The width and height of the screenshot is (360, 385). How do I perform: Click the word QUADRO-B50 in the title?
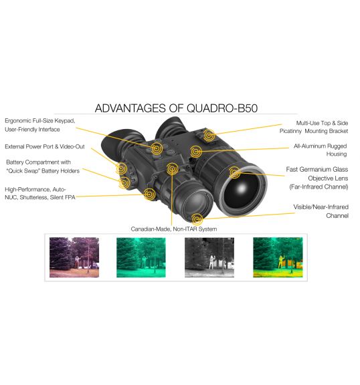222,108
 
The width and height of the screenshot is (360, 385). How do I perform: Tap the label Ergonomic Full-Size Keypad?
40,121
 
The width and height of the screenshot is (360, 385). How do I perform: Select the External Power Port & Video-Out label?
45,146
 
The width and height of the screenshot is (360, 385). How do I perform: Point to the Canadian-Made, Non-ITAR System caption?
174,229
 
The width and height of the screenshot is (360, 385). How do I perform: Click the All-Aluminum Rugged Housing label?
321,150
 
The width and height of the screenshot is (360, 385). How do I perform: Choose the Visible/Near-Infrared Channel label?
321,211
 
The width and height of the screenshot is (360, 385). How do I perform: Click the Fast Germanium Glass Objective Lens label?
317,178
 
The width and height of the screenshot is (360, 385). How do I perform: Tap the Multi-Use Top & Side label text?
322,123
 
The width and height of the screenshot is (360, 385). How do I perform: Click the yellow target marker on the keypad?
157,148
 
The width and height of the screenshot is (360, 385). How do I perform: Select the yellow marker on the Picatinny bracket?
209,135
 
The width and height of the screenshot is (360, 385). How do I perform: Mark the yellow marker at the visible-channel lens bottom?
197,219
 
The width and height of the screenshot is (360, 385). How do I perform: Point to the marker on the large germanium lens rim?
235,172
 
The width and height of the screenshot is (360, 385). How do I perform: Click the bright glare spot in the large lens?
242,188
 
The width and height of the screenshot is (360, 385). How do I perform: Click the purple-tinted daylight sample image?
74,257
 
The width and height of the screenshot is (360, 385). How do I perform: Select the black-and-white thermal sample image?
209,257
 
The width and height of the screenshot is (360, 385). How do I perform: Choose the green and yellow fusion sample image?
278,257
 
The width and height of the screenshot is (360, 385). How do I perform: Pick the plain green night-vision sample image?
141,257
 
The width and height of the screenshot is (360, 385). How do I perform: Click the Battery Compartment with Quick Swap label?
43,166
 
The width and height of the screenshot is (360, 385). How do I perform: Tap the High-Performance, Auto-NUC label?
40,193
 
